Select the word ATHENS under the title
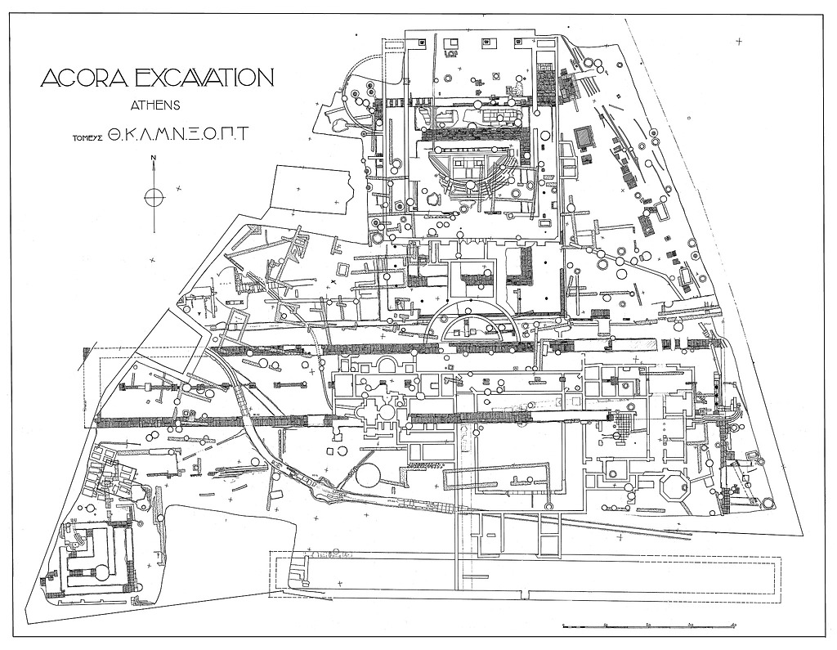155,105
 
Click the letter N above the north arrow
154,160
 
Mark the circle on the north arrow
154,197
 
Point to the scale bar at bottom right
650,625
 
